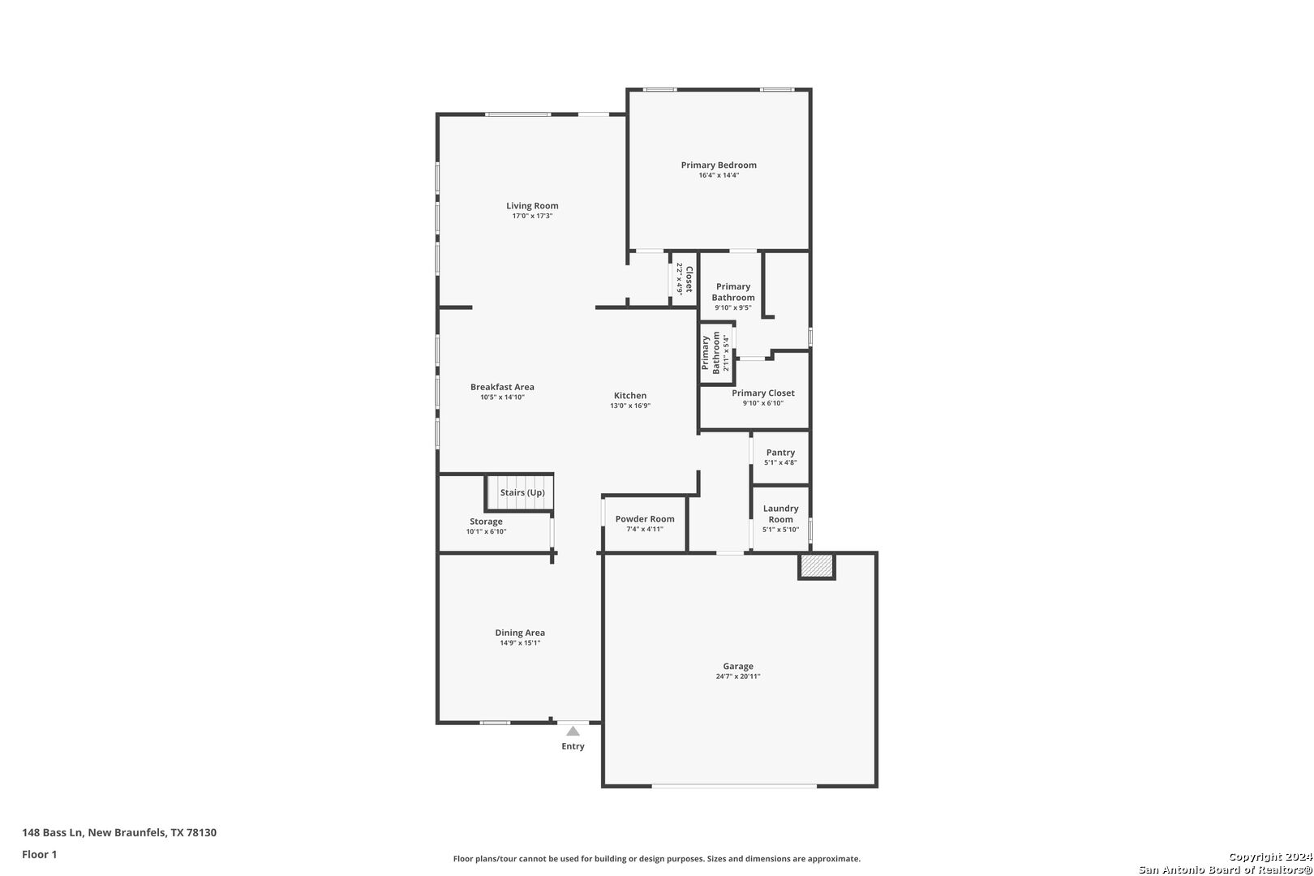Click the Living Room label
point(532,205)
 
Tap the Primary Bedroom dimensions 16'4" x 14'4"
point(719,175)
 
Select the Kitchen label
point(630,396)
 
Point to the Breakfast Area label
point(502,387)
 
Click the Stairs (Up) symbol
point(520,492)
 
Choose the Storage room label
point(486,521)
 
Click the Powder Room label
point(645,518)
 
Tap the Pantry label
point(780,453)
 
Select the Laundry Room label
point(780,513)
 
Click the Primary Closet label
point(763,393)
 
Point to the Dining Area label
point(520,633)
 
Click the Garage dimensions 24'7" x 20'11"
point(738,676)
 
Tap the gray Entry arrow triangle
point(573,731)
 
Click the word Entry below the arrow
point(573,746)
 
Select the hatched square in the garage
point(817,565)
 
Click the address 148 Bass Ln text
point(54,832)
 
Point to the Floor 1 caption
point(39,854)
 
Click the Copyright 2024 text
point(1270,857)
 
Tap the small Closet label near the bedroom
point(689,279)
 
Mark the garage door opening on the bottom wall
point(734,786)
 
